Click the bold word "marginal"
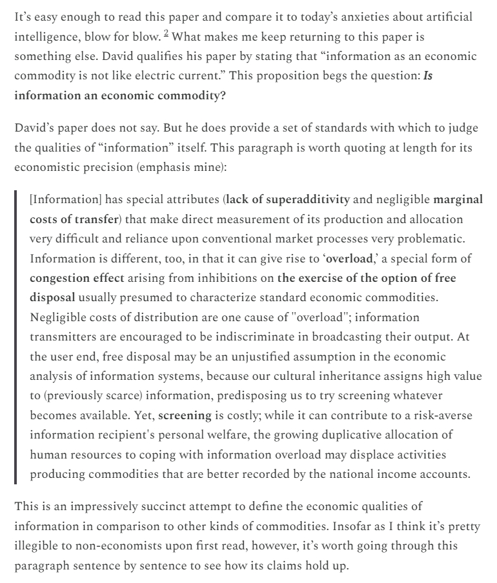(458, 199)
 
